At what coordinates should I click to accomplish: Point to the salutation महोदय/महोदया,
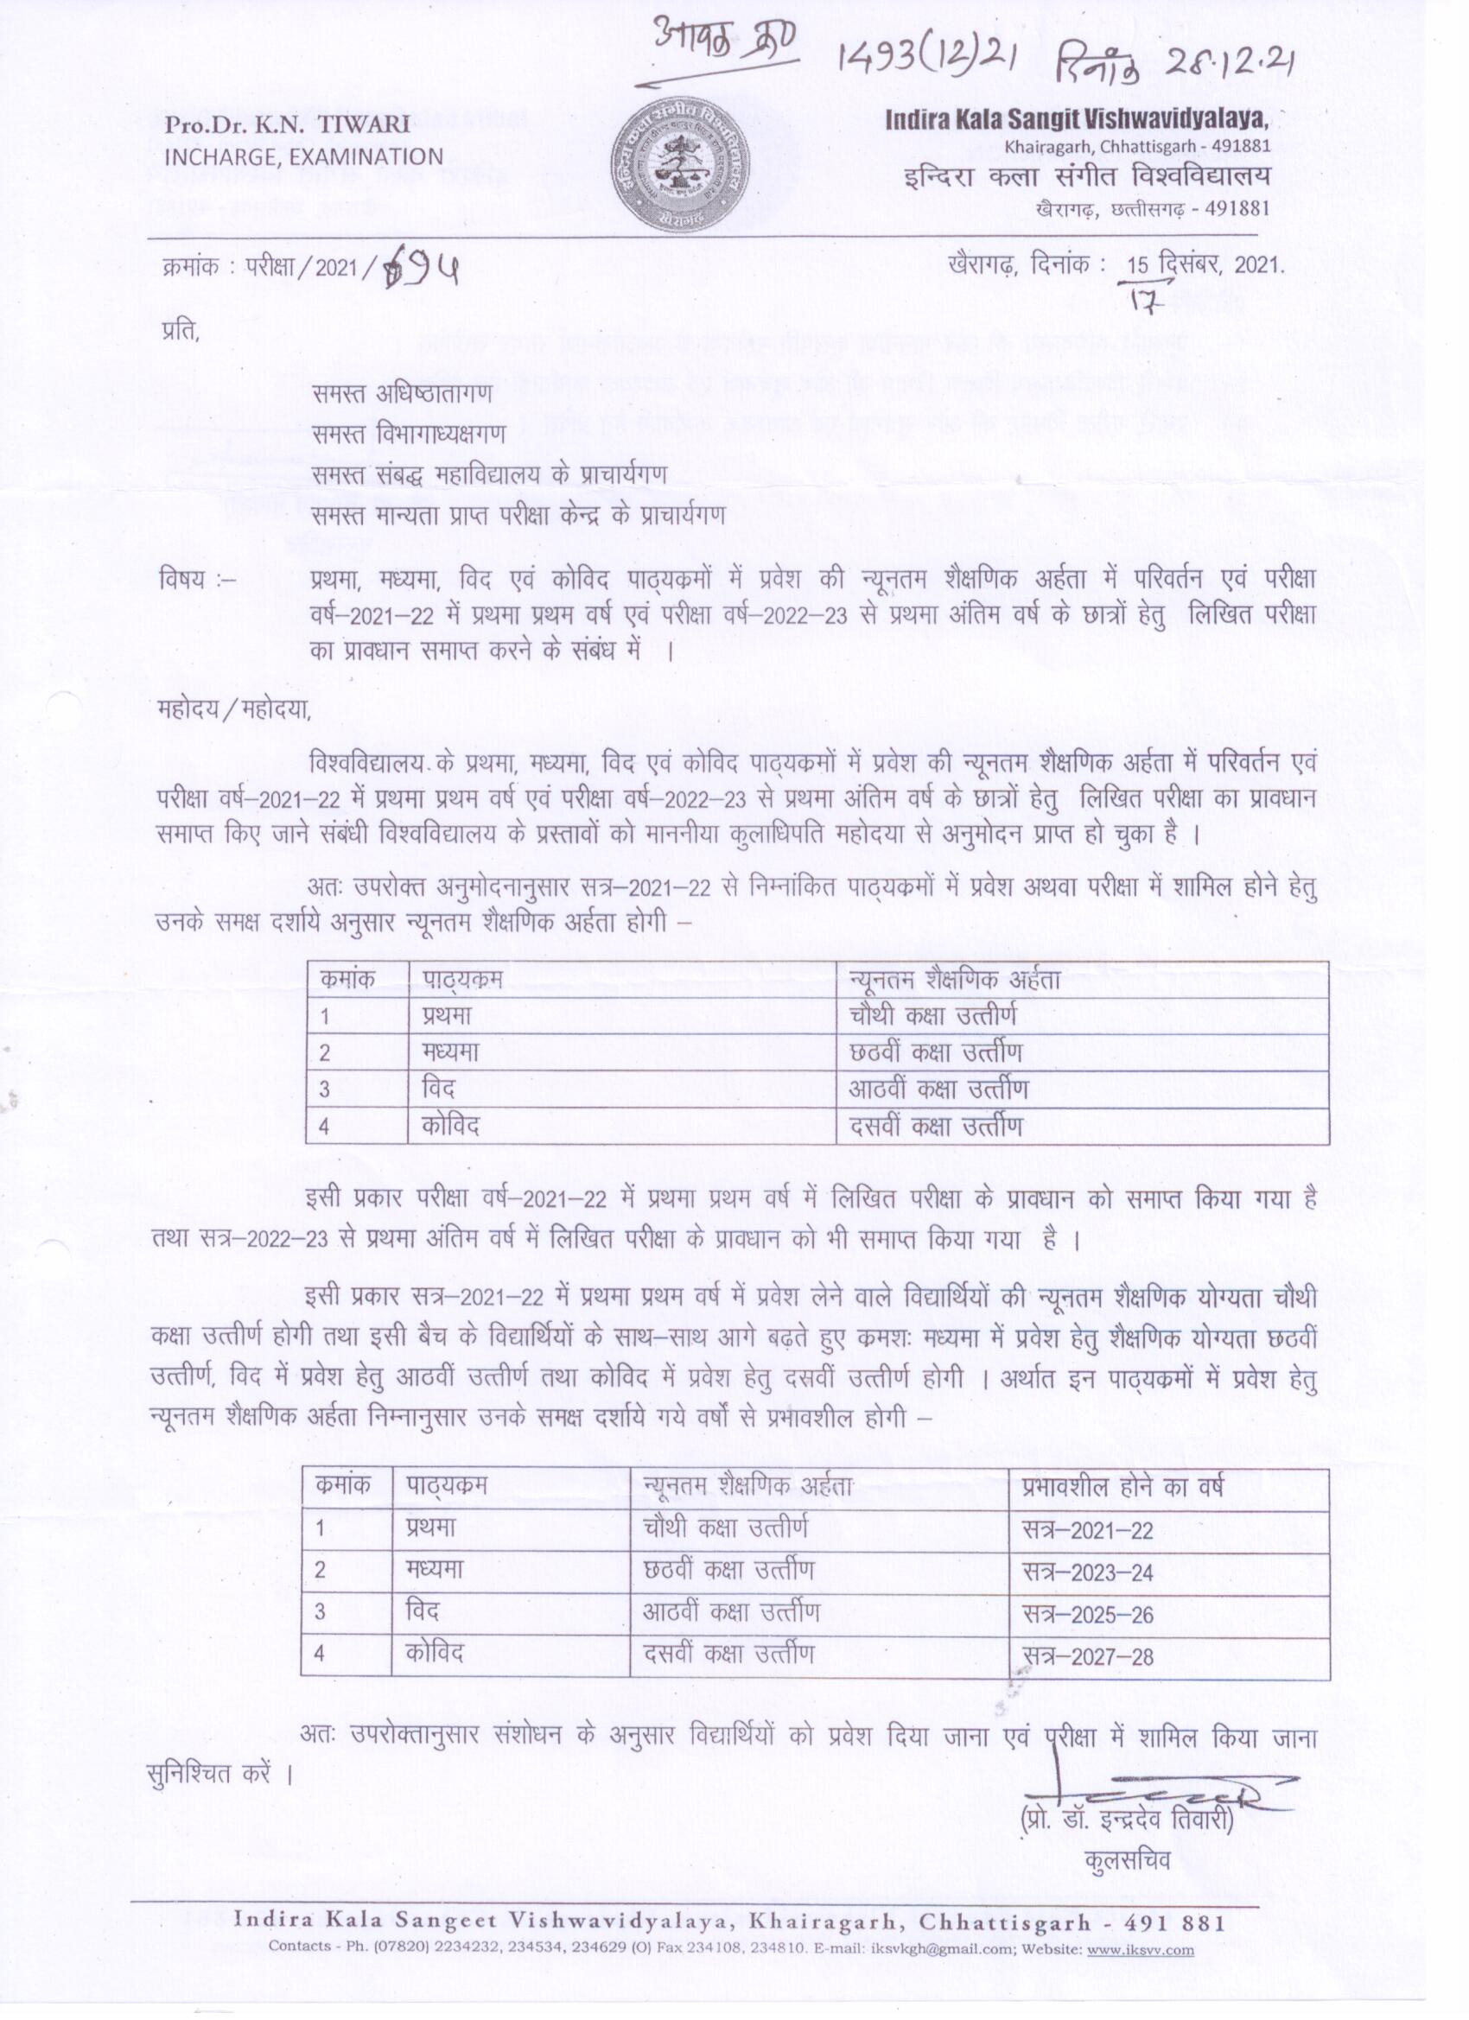pyautogui.click(x=233, y=711)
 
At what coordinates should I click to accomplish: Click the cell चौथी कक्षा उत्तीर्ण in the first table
pyautogui.click(x=932, y=1015)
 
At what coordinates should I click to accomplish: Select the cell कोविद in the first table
pyautogui.click(x=451, y=1126)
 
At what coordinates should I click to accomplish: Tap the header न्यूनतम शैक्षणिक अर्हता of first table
pyautogui.click(x=955, y=980)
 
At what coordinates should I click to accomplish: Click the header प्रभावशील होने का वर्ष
pyautogui.click(x=1122, y=1488)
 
